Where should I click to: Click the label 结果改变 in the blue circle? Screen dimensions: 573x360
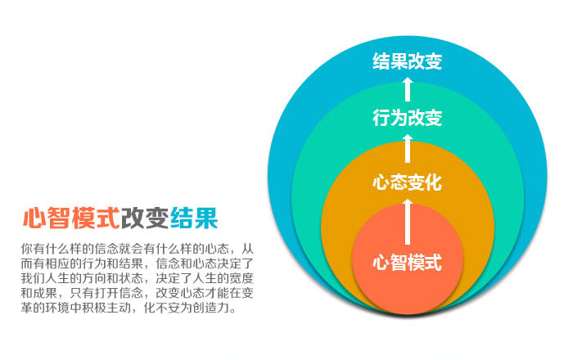pos(407,61)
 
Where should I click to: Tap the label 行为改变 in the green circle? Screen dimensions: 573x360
pos(407,118)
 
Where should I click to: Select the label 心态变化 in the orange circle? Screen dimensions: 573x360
pos(407,182)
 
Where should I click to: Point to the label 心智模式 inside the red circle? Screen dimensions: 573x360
pos(407,262)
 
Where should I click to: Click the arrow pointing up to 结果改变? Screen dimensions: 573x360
pos(408,88)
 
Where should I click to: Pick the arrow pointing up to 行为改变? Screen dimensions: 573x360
pos(408,149)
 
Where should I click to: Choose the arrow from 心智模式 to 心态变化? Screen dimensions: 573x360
pos(408,222)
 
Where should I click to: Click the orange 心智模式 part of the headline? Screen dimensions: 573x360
pos(71,218)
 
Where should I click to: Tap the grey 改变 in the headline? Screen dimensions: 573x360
pos(145,218)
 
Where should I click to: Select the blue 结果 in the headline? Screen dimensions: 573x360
pos(194,218)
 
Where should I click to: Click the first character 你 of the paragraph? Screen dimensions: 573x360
pos(27,249)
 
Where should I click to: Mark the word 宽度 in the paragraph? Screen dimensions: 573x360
pos(241,278)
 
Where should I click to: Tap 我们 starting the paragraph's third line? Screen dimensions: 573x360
pos(33,278)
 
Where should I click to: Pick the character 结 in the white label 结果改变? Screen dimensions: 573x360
pos(381,61)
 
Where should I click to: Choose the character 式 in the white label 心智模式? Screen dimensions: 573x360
pos(433,262)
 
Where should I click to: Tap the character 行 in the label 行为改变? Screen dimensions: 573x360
pos(381,118)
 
